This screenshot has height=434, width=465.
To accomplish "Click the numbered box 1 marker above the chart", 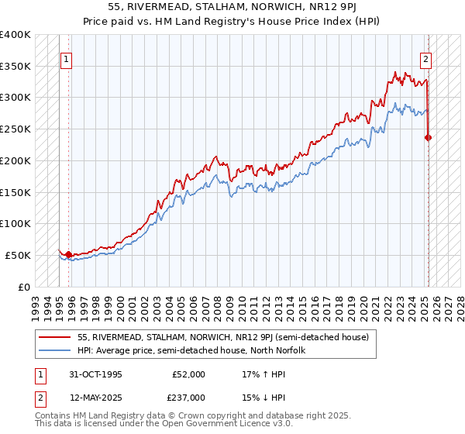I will click(66, 58).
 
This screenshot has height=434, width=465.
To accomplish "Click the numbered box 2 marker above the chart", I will click(426, 58).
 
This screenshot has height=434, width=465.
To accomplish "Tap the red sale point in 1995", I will click(68, 253).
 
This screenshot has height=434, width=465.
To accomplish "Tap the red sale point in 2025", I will click(429, 137).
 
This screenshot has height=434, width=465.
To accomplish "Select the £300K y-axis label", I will click(15, 98).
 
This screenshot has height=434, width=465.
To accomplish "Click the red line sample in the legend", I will click(56, 337).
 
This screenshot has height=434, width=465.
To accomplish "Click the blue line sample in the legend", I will click(56, 350).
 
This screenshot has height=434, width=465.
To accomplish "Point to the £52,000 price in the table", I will click(189, 374).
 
